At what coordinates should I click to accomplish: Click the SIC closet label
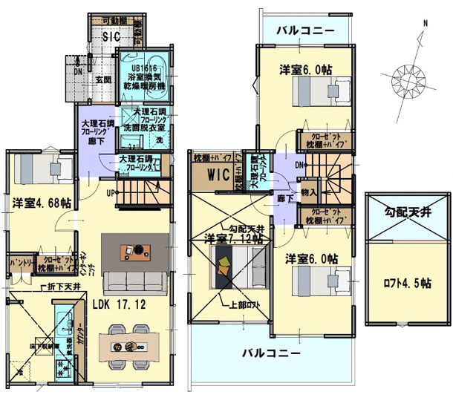111,36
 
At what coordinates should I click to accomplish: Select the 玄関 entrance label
102,79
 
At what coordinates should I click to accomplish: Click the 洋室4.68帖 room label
42,202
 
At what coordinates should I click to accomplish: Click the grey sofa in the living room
134,283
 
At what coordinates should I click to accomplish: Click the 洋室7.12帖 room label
235,238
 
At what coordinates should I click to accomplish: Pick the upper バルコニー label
305,30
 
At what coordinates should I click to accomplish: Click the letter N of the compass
425,24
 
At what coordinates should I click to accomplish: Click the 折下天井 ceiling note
59,287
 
